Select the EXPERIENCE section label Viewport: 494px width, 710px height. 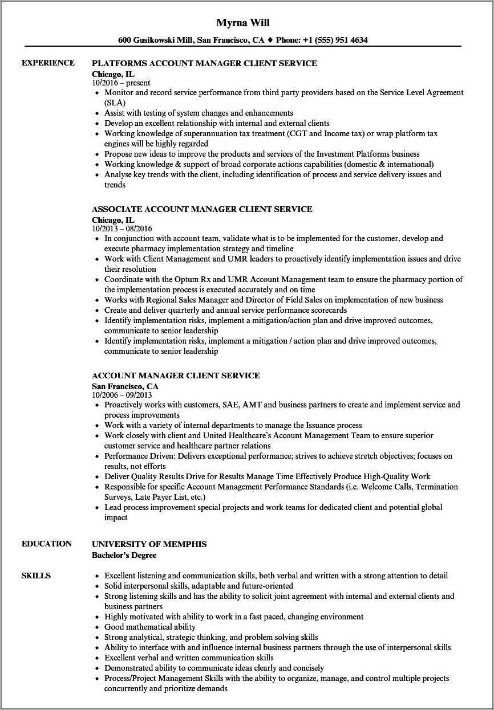[x=48, y=63]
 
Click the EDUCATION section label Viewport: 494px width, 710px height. [x=47, y=544]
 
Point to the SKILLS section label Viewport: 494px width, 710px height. [x=36, y=576]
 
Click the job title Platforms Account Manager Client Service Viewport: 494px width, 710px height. [x=204, y=63]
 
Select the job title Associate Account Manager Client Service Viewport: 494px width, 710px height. [x=202, y=209]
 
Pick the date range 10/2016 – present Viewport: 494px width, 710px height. [x=121, y=83]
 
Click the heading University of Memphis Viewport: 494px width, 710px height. [x=149, y=544]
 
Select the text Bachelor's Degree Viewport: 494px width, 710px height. [x=124, y=554]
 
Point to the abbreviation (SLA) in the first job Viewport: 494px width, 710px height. [x=115, y=103]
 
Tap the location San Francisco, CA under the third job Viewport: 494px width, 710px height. [x=125, y=386]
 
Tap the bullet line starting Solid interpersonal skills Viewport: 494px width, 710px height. [x=199, y=586]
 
